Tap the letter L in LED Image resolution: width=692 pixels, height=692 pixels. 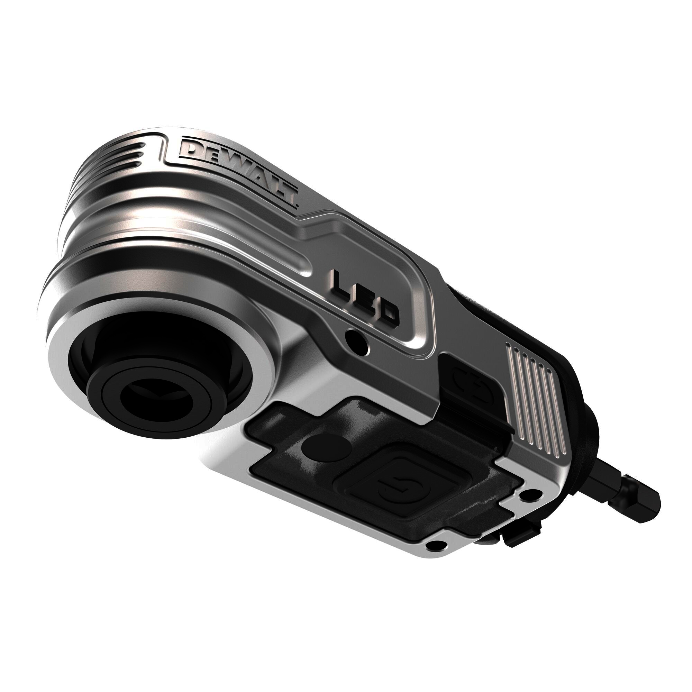point(340,285)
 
